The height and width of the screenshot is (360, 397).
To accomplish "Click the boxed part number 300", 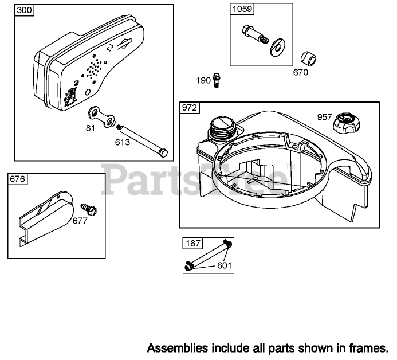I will (x=24, y=10).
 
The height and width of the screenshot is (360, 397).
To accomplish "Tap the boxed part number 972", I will (x=190, y=108).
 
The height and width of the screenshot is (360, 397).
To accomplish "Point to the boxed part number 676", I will (x=17, y=179).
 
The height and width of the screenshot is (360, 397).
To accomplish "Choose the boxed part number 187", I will (x=193, y=244).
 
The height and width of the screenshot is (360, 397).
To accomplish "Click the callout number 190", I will (x=203, y=80).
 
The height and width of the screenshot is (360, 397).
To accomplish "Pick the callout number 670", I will (x=300, y=73).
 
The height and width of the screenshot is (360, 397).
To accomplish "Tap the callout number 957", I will (x=325, y=117).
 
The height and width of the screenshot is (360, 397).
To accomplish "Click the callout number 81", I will (x=90, y=128).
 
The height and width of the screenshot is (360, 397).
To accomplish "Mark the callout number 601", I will (x=225, y=265).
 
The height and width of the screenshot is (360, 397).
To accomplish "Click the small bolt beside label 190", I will (x=217, y=80).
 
